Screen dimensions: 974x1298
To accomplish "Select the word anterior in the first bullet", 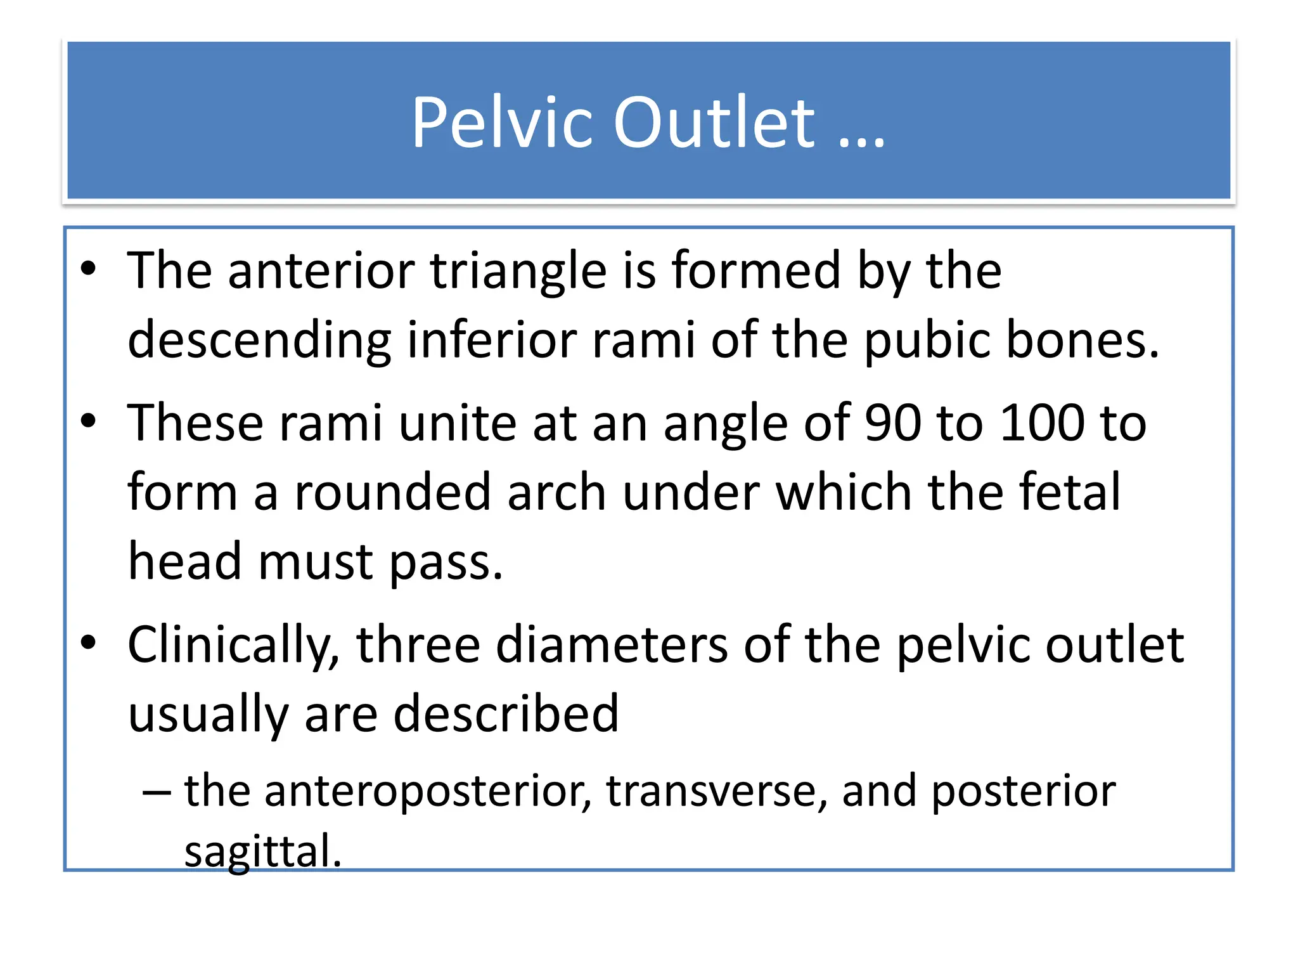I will coord(321,271).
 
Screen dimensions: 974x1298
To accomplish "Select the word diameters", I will coord(612,645).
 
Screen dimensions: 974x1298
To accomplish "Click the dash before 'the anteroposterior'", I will coord(156,792).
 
